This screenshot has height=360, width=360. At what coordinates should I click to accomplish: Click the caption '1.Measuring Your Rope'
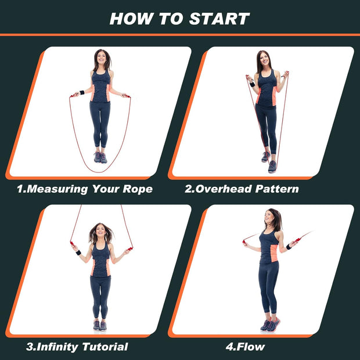pyautogui.click(x=84, y=189)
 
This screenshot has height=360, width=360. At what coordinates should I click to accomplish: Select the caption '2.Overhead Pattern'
pyautogui.click(x=242, y=189)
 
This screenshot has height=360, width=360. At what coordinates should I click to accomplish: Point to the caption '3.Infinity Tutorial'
pyautogui.click(x=77, y=347)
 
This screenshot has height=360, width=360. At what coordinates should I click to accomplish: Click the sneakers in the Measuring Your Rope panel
pyautogui.click(x=100, y=157)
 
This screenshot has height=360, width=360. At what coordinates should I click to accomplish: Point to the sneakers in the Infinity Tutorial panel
pyautogui.click(x=100, y=325)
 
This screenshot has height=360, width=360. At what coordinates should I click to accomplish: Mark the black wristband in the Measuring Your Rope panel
pyautogui.click(x=82, y=92)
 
